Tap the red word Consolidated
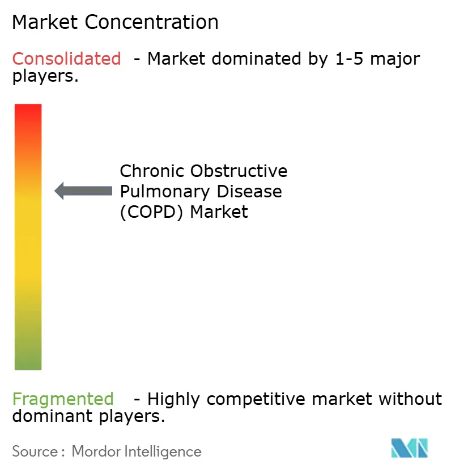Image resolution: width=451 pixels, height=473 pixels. click(66, 58)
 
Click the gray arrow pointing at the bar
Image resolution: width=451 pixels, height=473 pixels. click(83, 191)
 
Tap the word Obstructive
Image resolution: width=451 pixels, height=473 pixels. click(239, 171)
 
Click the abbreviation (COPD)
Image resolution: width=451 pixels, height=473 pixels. click(152, 212)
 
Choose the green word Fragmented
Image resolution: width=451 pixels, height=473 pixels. click(63, 399)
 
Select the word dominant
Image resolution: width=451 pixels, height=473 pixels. click(47, 417)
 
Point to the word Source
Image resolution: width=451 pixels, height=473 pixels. click(34, 451)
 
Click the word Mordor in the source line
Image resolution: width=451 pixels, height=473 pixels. click(92, 451)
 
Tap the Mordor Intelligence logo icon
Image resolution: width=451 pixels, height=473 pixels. click(410, 448)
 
